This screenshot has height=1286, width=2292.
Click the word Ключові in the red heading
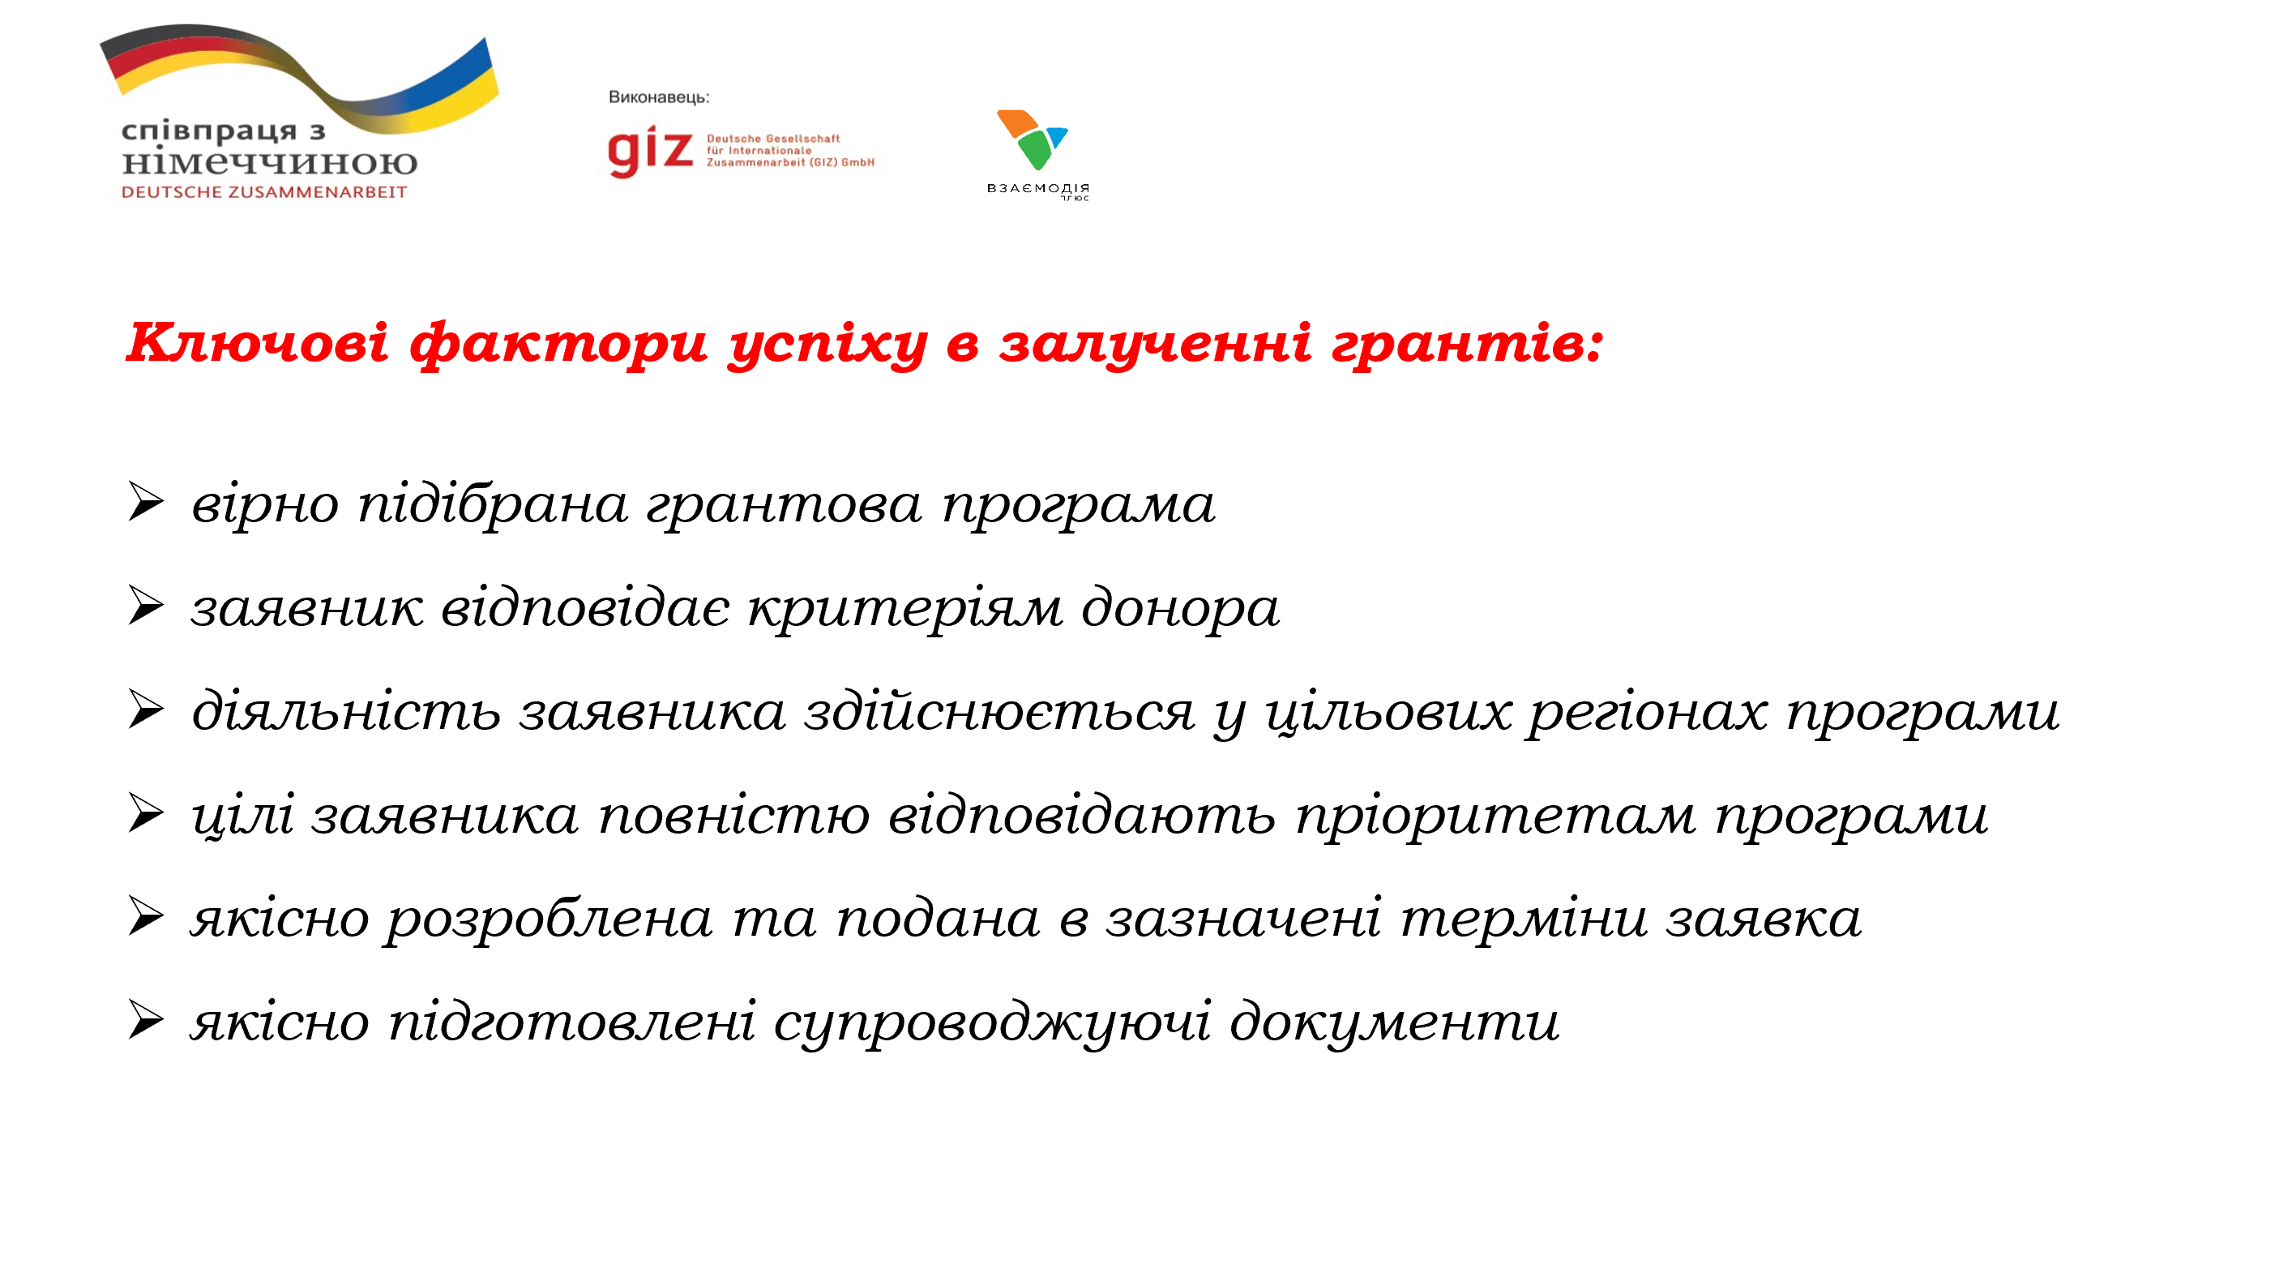click(257, 343)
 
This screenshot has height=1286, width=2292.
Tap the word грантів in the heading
click(1466, 343)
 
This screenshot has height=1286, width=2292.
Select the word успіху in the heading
click(827, 345)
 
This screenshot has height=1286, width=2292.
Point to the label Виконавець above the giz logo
click(658, 97)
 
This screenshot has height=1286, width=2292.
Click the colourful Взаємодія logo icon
click(1032, 139)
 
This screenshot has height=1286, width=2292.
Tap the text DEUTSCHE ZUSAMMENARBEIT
click(264, 192)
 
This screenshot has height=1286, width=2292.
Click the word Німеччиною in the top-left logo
click(270, 163)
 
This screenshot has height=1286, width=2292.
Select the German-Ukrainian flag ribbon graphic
click(302, 75)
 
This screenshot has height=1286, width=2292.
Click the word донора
click(1181, 609)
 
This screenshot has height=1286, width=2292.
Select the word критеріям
click(904, 609)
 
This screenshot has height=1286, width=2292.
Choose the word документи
click(1394, 1022)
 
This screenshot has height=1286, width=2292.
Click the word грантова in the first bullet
click(784, 504)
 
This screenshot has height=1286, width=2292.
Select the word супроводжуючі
click(992, 1022)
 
